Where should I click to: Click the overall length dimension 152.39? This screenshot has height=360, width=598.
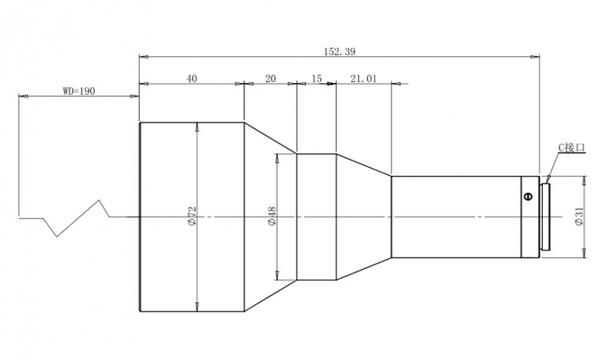pyautogui.click(x=340, y=52)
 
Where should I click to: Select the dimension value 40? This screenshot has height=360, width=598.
pyautogui.click(x=192, y=78)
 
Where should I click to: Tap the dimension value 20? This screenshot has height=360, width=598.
pyautogui.click(x=270, y=78)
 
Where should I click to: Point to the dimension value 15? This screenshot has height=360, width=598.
pyautogui.click(x=316, y=78)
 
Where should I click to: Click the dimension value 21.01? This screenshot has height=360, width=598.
pyautogui.click(x=363, y=78)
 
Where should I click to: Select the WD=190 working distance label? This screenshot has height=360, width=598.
pyautogui.click(x=79, y=91)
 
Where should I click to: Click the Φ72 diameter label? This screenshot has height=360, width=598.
pyautogui.click(x=192, y=217)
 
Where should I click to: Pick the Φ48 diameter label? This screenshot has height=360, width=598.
pyautogui.click(x=272, y=217)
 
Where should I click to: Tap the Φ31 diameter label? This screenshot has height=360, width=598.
pyautogui.click(x=579, y=217)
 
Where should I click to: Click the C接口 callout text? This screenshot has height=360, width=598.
pyautogui.click(x=571, y=147)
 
